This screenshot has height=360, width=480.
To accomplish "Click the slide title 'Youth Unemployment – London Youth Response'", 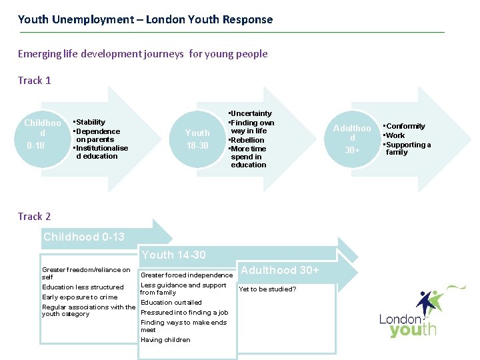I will point(145,19).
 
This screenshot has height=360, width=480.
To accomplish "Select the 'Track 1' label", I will point(35,81).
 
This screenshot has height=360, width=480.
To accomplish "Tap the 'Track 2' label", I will point(35,217).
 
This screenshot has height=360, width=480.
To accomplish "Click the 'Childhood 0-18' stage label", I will point(42,133).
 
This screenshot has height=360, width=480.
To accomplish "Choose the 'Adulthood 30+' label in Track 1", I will point(352,139).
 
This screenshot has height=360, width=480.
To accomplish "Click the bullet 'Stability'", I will point(91,122).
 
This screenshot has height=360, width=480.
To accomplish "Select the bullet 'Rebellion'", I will point(248,140).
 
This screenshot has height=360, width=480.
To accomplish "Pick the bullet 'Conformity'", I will point(405,126).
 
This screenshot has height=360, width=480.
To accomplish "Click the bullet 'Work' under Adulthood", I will point(395,135).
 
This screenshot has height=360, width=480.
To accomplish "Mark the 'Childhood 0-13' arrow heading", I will point(84,237).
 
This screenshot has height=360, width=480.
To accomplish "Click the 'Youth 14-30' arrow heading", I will point(173,255).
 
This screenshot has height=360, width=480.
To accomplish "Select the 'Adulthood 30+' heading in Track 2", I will point(279,270).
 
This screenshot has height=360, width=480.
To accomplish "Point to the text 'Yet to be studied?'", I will point(268,289).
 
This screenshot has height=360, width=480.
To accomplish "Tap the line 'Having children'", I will point(165,340).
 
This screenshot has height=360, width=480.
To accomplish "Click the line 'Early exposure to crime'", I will point(79,297).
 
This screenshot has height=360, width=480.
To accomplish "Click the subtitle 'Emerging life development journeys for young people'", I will point(143,54).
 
